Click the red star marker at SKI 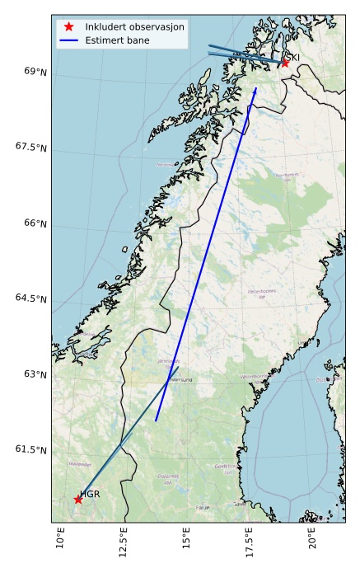[x=285, y=62]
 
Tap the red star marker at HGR [x=78, y=499]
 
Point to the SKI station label [x=292, y=57]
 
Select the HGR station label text [x=90, y=493]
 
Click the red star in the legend [x=69, y=26]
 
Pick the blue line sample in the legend [x=69, y=40]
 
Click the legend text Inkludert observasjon [x=134, y=26]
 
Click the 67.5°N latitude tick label [x=29, y=147]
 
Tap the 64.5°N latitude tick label [x=29, y=298]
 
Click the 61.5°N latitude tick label [x=29, y=449]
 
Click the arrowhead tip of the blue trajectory [x=256, y=87]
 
